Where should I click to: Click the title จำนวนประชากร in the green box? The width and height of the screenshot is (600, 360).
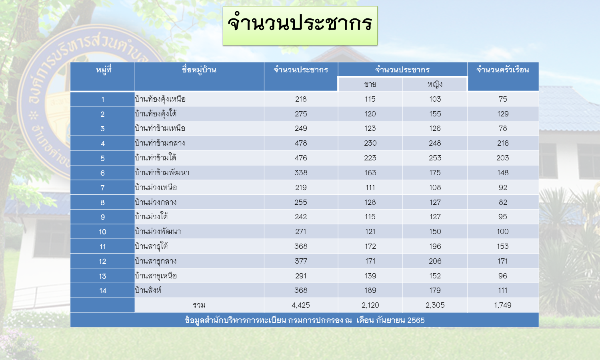tap(300, 24)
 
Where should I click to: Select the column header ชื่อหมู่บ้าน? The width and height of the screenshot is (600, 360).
tap(199, 70)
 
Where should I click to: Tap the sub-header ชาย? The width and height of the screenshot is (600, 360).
tap(370, 84)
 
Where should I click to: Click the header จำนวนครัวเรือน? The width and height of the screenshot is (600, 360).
tap(503, 70)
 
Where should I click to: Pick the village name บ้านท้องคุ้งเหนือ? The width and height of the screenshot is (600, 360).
tap(160, 99)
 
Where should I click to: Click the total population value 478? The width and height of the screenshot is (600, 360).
tap(301, 143)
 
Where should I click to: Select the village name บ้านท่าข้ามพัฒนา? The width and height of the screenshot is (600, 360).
tap(162, 173)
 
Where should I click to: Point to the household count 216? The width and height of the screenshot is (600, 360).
tap(503, 143)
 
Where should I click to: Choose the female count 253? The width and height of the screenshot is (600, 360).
tap(435, 158)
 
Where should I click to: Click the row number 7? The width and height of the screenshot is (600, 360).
tap(102, 188)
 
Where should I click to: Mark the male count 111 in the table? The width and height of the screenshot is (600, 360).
tap(370, 188)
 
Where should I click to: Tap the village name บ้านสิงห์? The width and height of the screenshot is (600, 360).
tap(148, 290)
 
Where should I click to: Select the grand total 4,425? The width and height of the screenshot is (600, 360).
tap(301, 305)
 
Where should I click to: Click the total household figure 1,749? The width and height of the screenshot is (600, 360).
tap(503, 305)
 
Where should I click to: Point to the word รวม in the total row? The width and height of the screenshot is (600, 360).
tap(199, 305)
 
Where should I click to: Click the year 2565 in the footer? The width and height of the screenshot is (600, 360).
tap(416, 320)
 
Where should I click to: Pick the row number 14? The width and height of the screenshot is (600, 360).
tap(102, 291)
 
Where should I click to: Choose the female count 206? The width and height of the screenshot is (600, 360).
tap(435, 261)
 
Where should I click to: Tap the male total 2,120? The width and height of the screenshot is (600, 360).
tap(370, 305)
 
